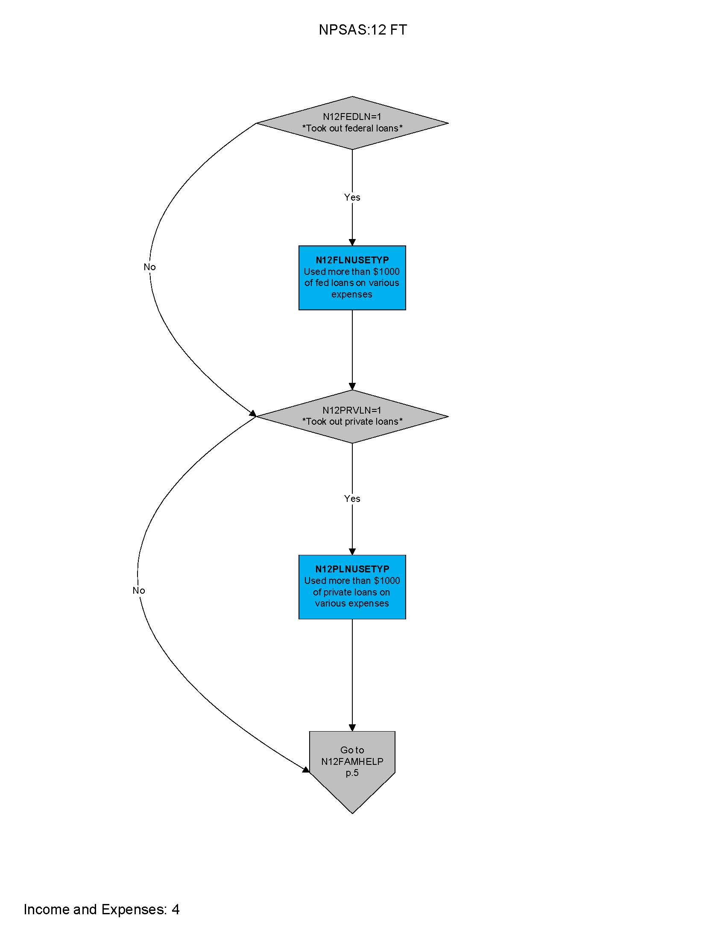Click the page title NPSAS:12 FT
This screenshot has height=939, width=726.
coord(363,30)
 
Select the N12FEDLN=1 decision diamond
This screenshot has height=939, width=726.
coord(352,123)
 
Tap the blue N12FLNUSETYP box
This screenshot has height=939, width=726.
coord(352,278)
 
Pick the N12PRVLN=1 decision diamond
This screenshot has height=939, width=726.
coord(352,416)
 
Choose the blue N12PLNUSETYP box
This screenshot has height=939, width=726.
coord(352,587)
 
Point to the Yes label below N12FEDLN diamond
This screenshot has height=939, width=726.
coord(352,197)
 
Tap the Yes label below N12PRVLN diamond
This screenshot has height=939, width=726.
coord(352,499)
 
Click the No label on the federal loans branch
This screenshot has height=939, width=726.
coord(149,267)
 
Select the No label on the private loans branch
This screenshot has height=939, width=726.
coord(138,591)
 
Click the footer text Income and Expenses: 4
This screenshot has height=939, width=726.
coord(102,909)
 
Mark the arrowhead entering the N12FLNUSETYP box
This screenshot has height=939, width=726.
coord(352,242)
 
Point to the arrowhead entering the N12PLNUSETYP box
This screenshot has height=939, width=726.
coord(352,551)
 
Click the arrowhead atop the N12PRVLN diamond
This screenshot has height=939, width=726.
coord(352,387)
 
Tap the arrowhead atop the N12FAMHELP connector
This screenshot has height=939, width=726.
coord(352,728)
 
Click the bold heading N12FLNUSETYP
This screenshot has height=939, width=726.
coord(352,260)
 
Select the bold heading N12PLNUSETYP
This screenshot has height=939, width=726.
coord(352,569)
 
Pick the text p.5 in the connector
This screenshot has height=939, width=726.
coord(352,773)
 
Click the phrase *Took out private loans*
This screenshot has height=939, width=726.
coord(352,422)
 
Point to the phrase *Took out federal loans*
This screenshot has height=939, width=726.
coord(352,128)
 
